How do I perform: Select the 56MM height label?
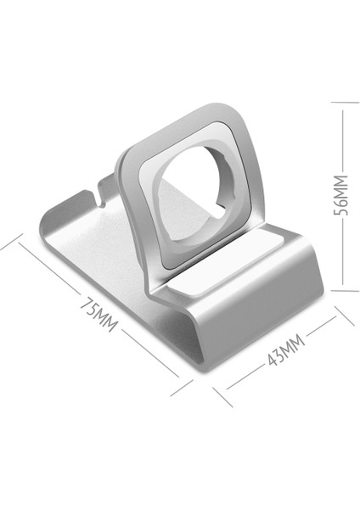coord(341,195)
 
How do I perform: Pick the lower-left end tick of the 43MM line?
coord(222,397)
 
